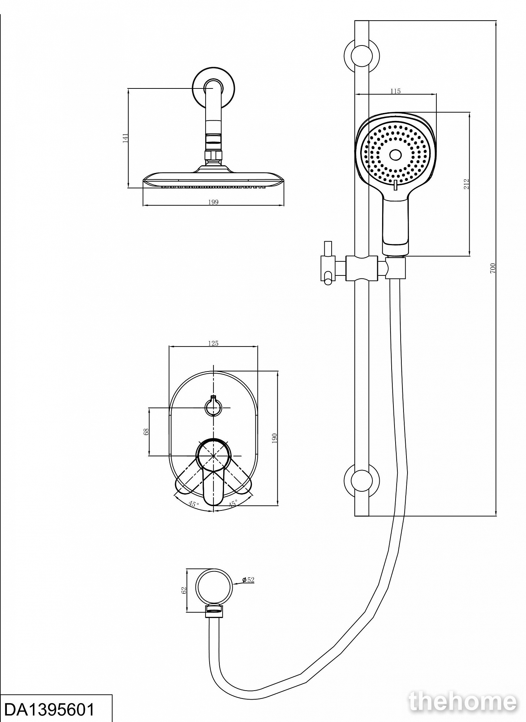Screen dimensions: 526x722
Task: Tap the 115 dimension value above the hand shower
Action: (396, 91)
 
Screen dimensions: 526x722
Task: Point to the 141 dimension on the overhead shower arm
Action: (125, 138)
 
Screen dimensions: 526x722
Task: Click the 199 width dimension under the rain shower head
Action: (213, 202)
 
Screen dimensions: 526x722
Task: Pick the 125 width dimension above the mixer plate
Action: (213, 343)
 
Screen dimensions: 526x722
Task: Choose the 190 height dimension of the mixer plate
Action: (274, 438)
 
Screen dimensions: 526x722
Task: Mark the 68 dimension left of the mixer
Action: (146, 431)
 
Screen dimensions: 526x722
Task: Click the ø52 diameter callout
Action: (249, 579)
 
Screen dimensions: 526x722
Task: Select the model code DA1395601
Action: (50, 709)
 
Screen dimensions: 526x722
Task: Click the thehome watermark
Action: (462, 702)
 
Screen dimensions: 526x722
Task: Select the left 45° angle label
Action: (193, 504)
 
